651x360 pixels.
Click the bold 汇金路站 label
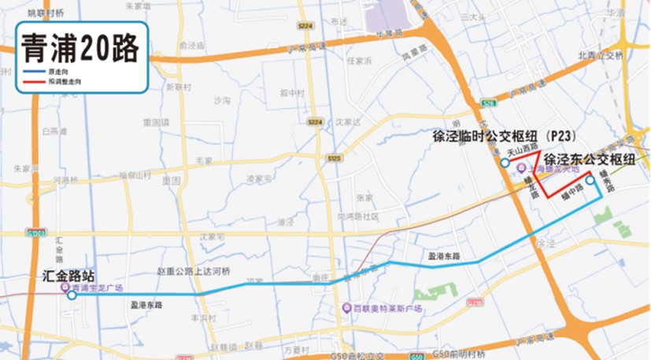coord(68,276)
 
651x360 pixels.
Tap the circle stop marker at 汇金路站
coord(72,296)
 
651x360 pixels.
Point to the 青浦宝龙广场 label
coord(98,288)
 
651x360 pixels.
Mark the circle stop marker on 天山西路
coord(504,162)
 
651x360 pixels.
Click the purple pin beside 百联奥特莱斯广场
coord(347,308)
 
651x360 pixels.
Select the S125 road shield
coord(335,159)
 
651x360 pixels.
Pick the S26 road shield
coord(490,103)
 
